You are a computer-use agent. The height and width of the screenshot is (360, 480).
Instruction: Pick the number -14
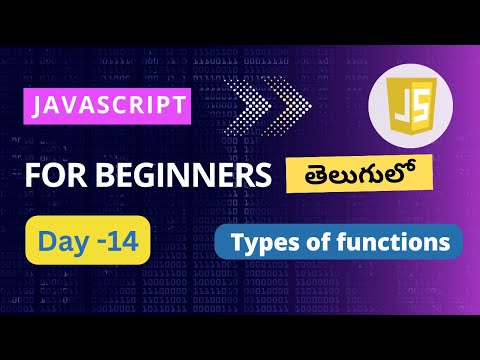click(x=120, y=241)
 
